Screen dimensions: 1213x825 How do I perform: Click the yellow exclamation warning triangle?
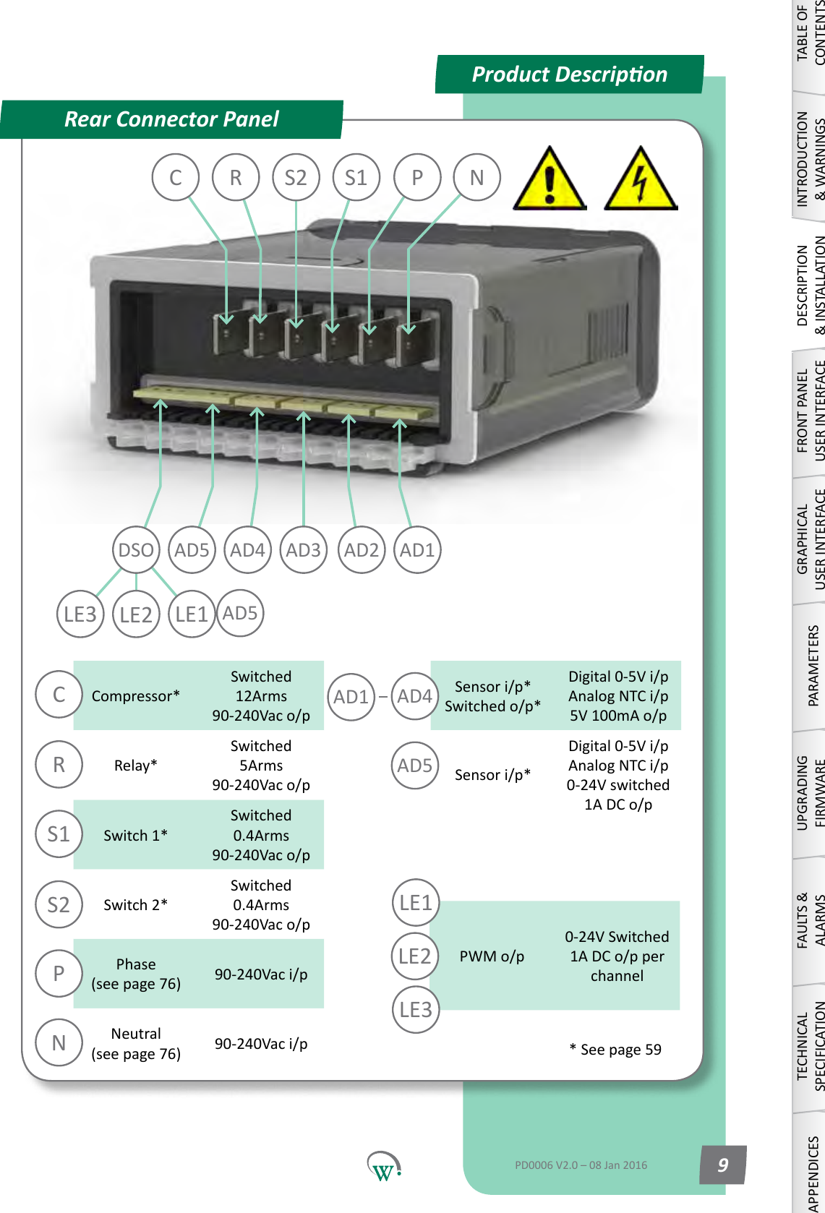tap(550, 181)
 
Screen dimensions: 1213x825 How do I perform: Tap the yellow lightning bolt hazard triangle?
tap(640, 181)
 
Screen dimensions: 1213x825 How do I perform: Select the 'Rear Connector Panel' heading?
tap(171, 119)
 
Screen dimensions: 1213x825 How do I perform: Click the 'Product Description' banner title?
tap(569, 74)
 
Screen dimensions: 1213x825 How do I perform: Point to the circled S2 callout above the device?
tap(296, 178)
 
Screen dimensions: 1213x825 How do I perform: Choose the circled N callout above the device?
tap(476, 178)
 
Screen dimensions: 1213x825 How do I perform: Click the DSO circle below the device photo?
tap(136, 550)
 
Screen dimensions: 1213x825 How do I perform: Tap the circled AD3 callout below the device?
tap(303, 550)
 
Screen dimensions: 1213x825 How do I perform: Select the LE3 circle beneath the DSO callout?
tap(80, 614)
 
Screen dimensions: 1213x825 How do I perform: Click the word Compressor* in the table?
tap(135, 696)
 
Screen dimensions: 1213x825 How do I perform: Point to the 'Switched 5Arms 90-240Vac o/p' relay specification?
tap(261, 766)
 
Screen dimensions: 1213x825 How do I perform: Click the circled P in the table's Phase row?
tap(59, 974)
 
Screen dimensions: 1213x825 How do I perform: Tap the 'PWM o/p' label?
tap(492, 956)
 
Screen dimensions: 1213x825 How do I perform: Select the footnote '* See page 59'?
tap(615, 1050)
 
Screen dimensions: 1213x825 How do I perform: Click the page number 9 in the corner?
tap(722, 1165)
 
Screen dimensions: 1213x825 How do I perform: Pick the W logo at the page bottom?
tap(383, 1166)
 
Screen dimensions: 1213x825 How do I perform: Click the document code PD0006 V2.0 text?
tap(581, 1165)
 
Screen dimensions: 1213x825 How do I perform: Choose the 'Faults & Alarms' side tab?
tap(810, 920)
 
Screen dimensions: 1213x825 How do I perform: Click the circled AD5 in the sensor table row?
tap(414, 766)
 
